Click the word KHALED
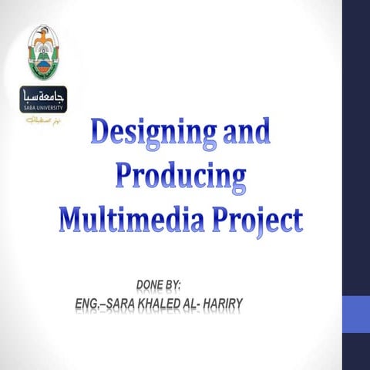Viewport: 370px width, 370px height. tap(166, 302)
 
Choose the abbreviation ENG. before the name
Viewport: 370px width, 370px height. tap(87, 302)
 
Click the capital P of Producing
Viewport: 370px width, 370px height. tap(126, 177)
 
